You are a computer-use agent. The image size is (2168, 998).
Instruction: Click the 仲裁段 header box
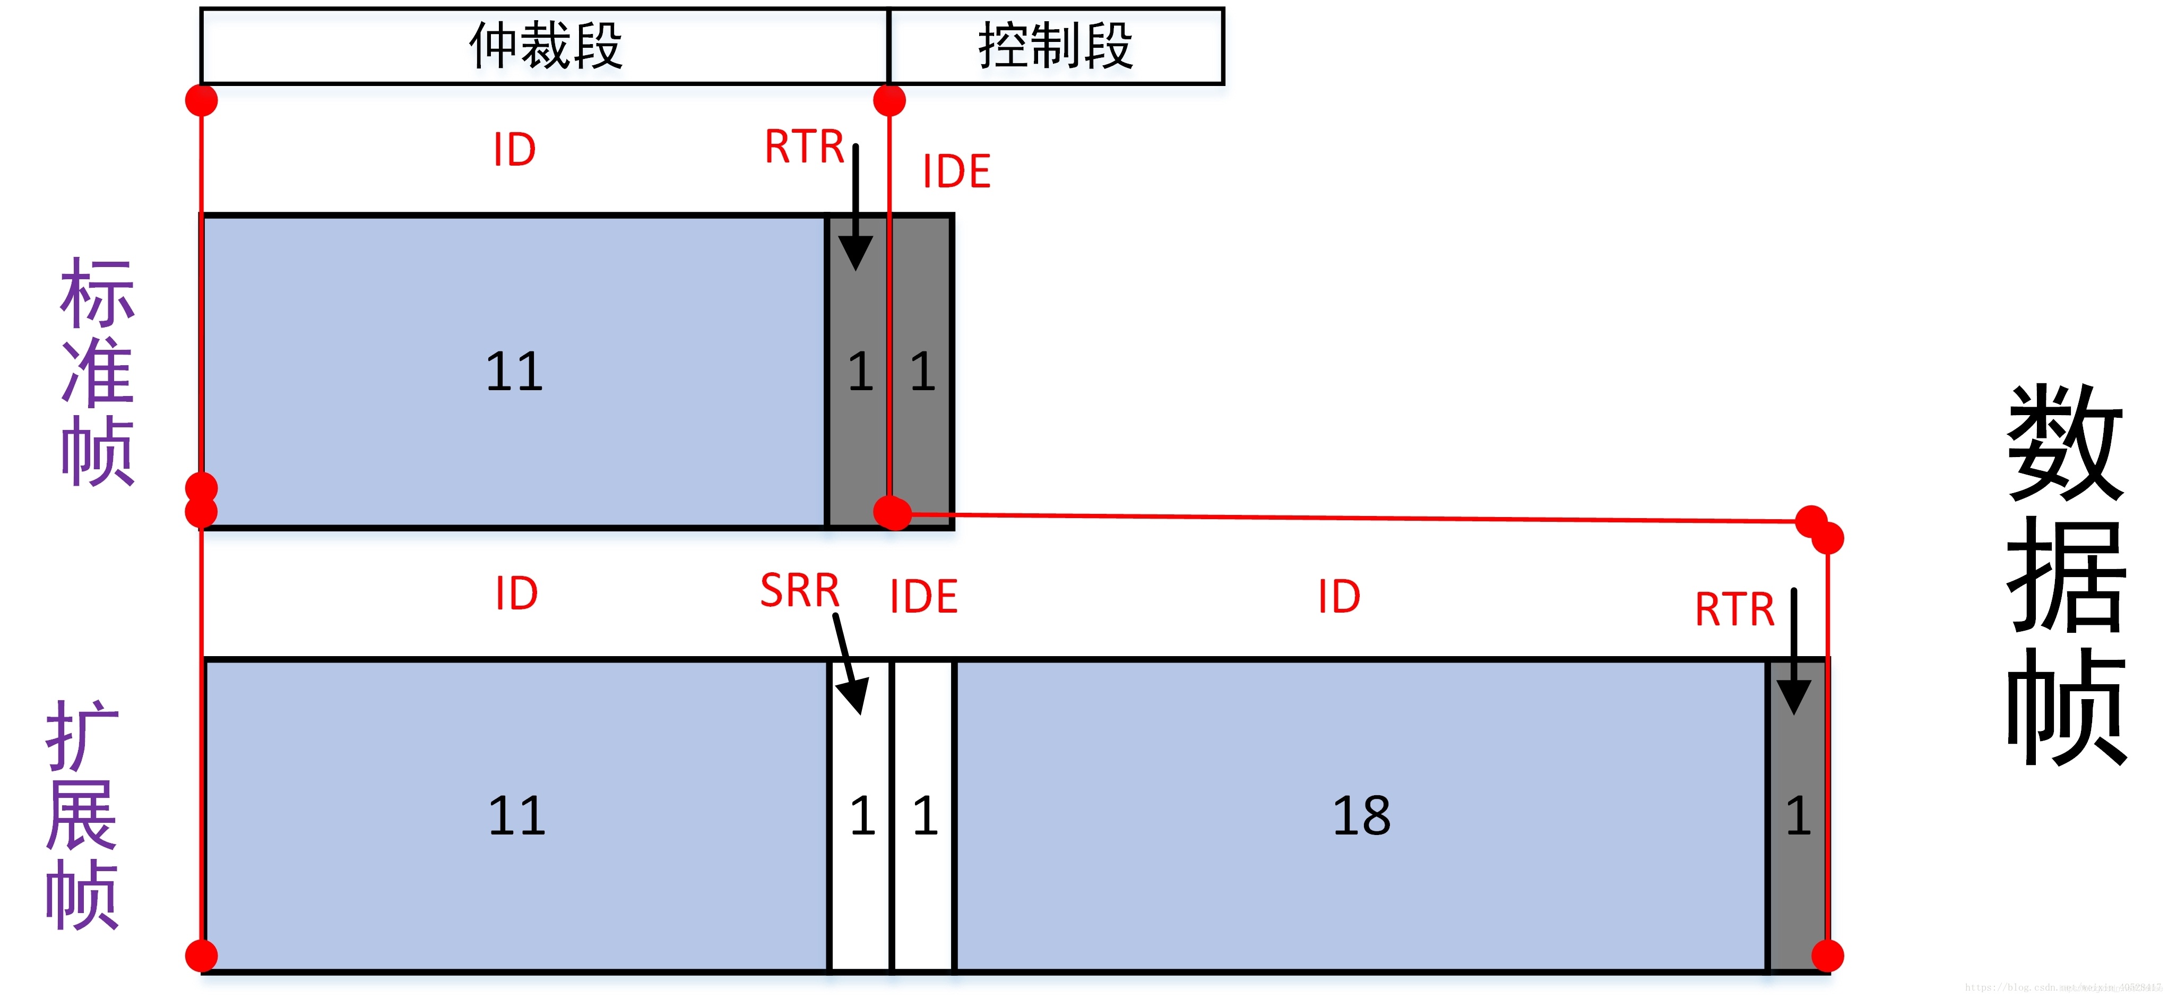pyautogui.click(x=545, y=46)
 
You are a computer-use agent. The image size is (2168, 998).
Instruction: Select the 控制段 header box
pyautogui.click(x=1056, y=46)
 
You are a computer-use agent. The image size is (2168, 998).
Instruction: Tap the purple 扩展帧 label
pyautogui.click(x=82, y=814)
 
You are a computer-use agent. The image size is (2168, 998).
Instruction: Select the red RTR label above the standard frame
pyautogui.click(x=804, y=147)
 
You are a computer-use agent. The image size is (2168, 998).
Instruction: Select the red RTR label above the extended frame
pyautogui.click(x=1734, y=609)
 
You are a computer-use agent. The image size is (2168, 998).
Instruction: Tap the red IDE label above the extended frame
pyautogui.click(x=923, y=597)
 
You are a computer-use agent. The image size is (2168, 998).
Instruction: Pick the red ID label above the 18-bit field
pyautogui.click(x=1338, y=597)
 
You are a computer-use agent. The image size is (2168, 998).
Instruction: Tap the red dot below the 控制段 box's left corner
pyautogui.click(x=889, y=101)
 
